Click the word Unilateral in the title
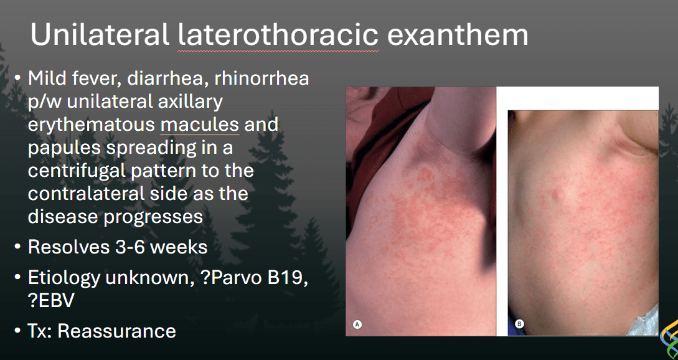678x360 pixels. point(100,35)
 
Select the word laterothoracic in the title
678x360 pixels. point(278,35)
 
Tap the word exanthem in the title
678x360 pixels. point(458,35)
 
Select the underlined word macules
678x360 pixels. point(199,125)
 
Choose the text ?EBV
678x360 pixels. point(51,301)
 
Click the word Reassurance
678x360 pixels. point(117,331)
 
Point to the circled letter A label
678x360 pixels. point(357,324)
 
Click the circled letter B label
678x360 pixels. point(519,324)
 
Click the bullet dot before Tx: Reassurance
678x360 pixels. point(17,331)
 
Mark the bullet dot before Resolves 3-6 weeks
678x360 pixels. point(17,247)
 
